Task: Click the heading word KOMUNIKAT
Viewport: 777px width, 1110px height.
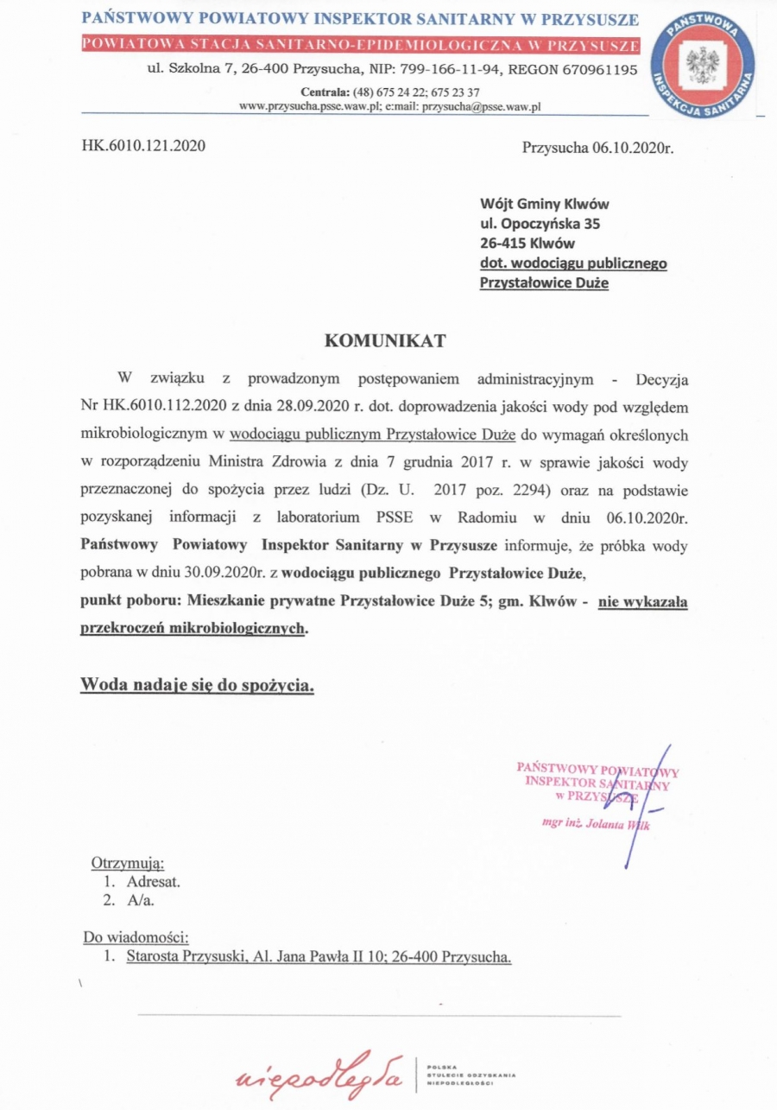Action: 385,340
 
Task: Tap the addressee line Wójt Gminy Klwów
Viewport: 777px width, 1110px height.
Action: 544,205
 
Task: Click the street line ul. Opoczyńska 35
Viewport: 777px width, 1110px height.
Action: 540,224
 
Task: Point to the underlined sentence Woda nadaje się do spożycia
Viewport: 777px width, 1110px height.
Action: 198,685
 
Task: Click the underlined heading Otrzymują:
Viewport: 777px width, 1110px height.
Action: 128,862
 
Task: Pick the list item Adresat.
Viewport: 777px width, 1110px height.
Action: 153,882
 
